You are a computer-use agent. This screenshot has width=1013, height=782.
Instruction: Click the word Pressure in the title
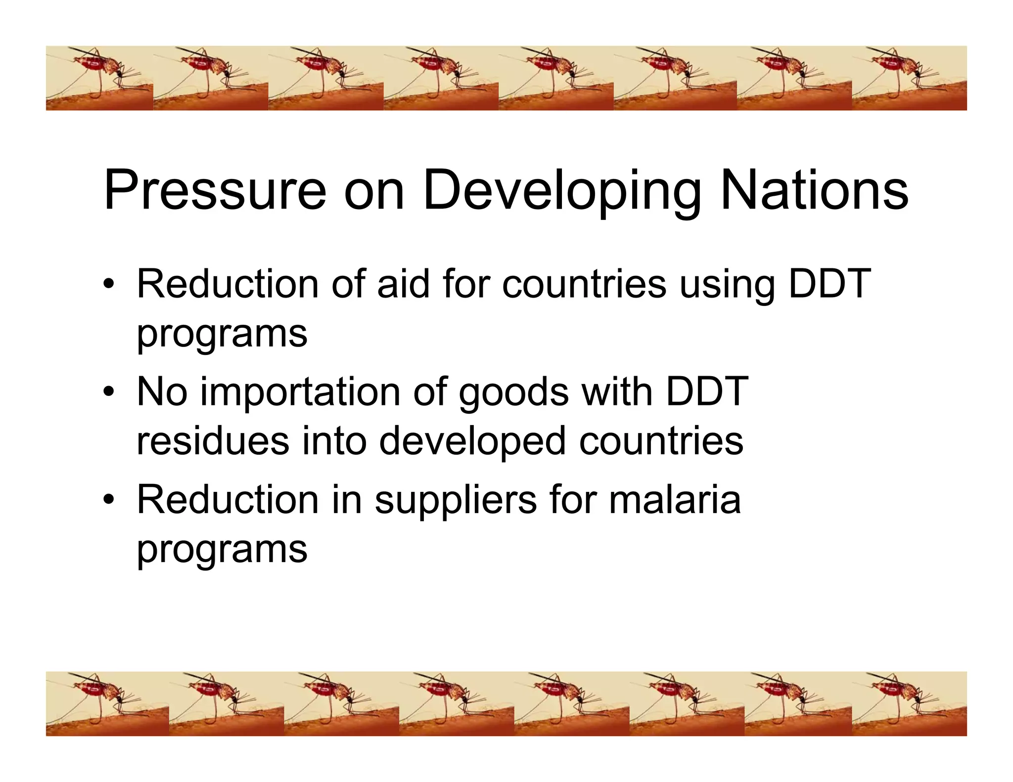pos(215,190)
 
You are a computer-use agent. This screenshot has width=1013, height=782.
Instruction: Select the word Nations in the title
pos(814,190)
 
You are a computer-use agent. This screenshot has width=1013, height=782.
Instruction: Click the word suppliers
pos(455,501)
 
